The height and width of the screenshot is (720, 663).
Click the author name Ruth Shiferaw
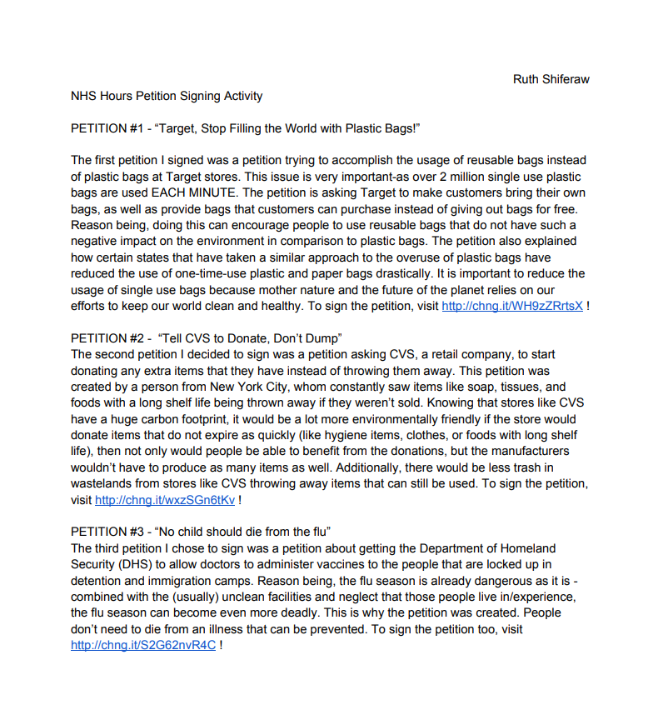(551, 79)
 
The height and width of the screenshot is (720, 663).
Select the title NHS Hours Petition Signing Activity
(167, 96)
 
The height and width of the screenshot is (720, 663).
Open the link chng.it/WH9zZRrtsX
(512, 306)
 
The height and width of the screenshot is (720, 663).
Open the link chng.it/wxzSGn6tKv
(165, 500)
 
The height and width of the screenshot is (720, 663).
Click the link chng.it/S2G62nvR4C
(143, 646)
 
